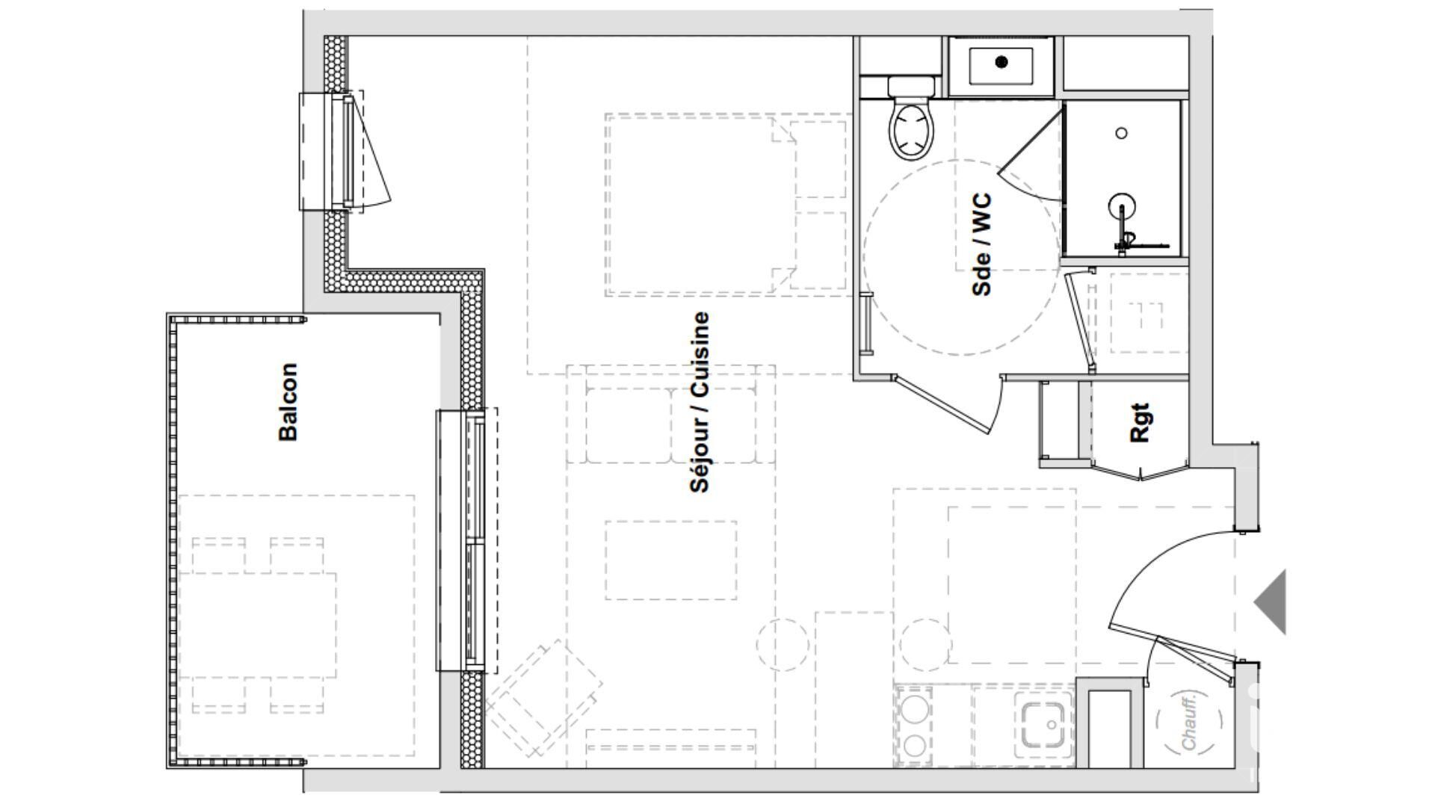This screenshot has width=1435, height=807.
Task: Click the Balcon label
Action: (288, 402)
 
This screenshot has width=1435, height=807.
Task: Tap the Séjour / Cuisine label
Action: (700, 402)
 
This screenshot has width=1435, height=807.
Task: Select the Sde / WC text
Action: (982, 245)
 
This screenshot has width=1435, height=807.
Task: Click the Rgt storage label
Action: (1140, 423)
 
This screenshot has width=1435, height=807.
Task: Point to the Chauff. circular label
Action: (1189, 722)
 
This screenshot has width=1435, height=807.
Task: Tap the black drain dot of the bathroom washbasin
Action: (1002, 62)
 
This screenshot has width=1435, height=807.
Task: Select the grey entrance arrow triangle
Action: (1271, 602)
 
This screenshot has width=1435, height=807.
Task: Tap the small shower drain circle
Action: (1121, 133)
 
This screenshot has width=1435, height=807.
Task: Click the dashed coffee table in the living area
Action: (670, 560)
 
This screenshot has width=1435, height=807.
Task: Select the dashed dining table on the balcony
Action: (257, 625)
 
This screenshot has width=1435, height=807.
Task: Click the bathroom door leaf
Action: (943, 404)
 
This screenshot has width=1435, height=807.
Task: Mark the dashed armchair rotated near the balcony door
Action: (544, 696)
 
